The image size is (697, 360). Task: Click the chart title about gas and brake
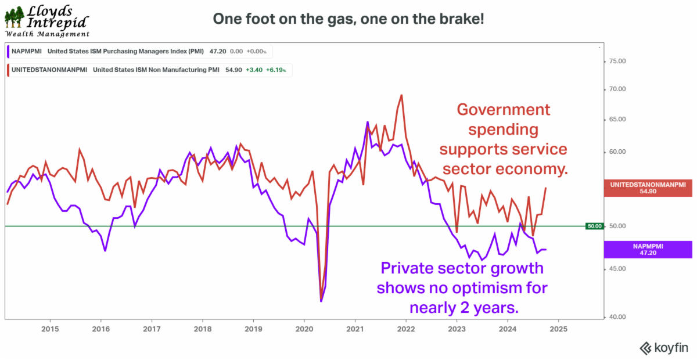click(x=348, y=19)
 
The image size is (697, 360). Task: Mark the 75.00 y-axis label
click(x=616, y=61)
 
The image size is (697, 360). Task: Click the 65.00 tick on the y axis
click(x=616, y=120)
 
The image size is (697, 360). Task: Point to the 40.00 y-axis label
click(x=616, y=317)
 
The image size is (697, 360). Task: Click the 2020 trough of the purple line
click(x=321, y=301)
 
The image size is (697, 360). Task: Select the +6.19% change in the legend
click(x=281, y=70)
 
